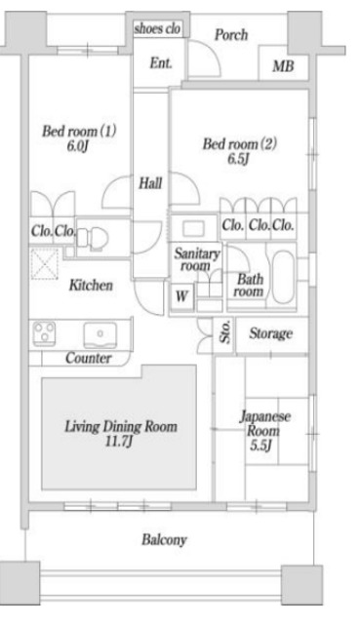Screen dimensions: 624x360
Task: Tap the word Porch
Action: pos(231,34)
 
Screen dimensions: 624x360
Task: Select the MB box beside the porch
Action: pos(283,66)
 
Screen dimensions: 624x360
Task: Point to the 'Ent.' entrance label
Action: pos(161,64)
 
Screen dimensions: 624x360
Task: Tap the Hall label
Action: pos(150,182)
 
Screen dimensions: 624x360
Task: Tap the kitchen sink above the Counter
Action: pos(99,334)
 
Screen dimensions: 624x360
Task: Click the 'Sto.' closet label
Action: pos(223,335)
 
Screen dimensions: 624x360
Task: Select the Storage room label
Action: pos(269,334)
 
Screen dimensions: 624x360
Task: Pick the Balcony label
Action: pos(164,539)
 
